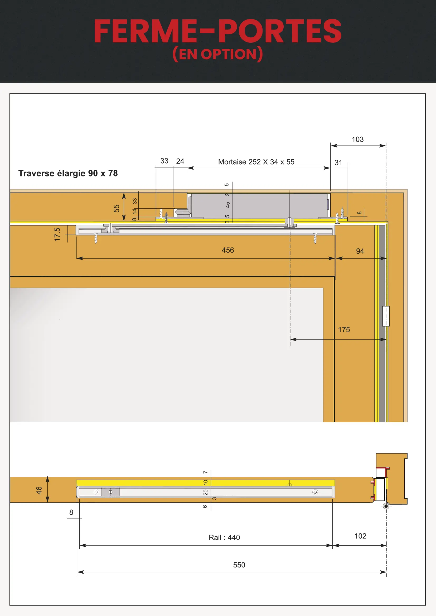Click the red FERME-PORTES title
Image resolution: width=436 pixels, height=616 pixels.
pos(217,31)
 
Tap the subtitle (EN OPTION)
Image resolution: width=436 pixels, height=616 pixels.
pos(217,54)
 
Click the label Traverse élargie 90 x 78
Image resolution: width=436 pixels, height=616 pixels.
pos(68,173)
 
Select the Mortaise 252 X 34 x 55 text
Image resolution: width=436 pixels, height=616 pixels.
pos(256,162)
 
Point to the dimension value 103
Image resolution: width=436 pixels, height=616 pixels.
pos(358,139)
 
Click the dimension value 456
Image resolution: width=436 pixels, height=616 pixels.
pos(228,250)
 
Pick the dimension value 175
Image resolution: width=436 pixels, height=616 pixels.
pos(344,329)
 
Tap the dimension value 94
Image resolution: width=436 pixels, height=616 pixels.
pos(360,251)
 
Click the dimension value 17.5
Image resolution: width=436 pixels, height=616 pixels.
pos(57,234)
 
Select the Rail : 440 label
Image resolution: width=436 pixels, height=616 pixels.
pos(224,538)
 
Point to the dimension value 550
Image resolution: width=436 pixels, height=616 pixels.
pos(239,565)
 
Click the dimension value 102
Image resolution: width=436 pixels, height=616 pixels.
pos(360,536)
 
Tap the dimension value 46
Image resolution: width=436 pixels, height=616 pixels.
pos(39,490)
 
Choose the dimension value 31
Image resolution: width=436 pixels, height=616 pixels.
pos(338,162)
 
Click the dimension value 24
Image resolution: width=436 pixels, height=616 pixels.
pos(180,161)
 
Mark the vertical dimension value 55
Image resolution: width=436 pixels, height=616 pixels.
pos(116,208)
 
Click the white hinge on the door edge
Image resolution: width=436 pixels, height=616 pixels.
pos(386,316)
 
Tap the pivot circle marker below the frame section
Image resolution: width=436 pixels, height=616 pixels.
pos(386,506)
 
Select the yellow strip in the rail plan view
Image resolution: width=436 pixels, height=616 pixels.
pos(205,483)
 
